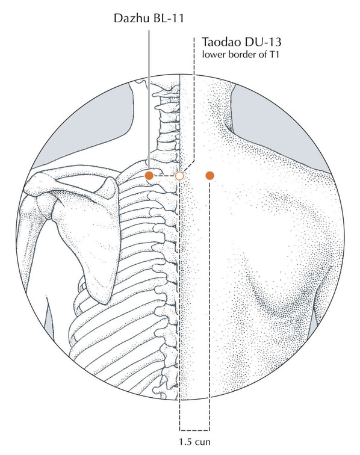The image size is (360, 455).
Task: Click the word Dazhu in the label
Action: (131, 18)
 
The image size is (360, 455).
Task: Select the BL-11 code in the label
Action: (167, 18)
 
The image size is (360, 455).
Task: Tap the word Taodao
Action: (222, 42)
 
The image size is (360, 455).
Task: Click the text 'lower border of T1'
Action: (241, 54)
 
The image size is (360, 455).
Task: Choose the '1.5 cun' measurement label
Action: (194, 442)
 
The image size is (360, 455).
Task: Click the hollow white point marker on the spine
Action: (179, 176)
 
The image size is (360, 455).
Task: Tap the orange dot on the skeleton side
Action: (149, 176)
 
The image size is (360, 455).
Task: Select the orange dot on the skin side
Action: (209, 176)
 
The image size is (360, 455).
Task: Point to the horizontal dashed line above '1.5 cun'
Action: (194, 430)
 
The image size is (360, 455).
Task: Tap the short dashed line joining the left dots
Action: (164, 176)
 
